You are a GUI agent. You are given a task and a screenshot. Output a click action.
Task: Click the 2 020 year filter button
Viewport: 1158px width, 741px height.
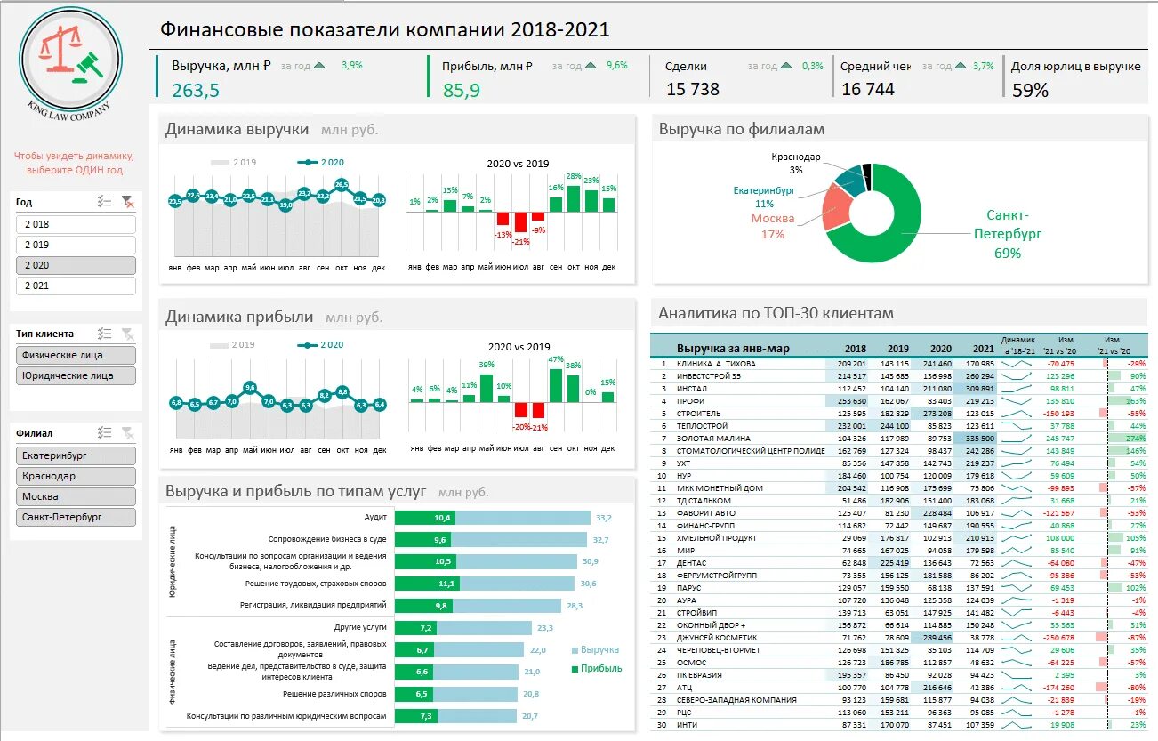pos(75,265)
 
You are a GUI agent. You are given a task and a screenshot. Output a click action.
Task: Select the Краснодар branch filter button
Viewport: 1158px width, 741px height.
pos(75,476)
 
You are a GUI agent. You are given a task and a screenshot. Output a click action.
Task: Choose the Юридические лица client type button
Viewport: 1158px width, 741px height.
pos(75,375)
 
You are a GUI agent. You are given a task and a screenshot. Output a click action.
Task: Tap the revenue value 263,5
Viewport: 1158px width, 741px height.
pos(196,90)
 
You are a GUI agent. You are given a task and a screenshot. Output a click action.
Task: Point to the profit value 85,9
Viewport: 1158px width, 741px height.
pos(462,90)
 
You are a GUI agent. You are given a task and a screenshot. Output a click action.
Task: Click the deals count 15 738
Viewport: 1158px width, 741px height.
pos(693,89)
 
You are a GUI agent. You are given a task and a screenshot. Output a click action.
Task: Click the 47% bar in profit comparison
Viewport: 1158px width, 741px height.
pos(556,384)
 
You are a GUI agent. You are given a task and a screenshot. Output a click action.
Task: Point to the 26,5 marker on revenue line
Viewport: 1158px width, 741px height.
pos(342,185)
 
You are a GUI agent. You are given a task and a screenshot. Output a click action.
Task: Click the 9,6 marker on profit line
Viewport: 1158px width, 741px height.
pos(250,387)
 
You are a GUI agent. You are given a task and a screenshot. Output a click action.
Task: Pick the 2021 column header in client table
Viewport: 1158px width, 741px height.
pos(984,349)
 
